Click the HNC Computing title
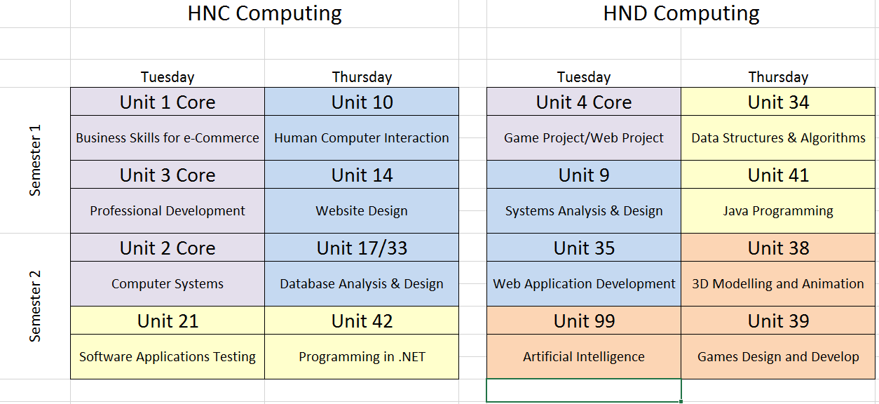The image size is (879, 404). (264, 14)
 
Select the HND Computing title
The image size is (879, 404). (681, 14)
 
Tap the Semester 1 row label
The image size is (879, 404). (35, 160)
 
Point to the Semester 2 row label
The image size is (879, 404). (35, 307)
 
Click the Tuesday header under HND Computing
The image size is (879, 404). (584, 77)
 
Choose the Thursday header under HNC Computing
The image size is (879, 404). (362, 77)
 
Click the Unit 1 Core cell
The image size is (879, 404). (168, 102)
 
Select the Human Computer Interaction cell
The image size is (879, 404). (362, 137)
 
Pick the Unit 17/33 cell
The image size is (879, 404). (362, 248)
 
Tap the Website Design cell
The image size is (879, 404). (362, 211)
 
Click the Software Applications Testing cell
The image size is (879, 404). (168, 356)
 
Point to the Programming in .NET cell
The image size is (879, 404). (362, 356)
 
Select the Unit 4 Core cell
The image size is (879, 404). (584, 102)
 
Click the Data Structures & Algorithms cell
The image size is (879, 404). (778, 137)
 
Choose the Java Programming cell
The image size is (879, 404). (778, 211)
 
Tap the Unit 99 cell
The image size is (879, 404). (584, 321)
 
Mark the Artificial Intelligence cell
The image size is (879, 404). (584, 356)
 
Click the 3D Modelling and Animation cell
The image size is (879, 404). (778, 283)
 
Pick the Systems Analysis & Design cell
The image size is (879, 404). (584, 211)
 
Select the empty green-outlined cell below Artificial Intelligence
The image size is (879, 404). (584, 390)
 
